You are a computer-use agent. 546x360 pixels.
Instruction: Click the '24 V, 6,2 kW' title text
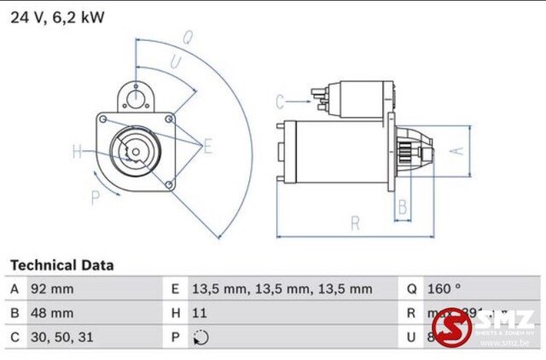pos(57,17)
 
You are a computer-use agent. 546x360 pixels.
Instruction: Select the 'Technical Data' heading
pos(61,265)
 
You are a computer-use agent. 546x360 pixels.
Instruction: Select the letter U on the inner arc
pos(175,61)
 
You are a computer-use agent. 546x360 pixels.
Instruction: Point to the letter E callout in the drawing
pos(207,147)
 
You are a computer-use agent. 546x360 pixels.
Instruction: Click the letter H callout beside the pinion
pos(78,152)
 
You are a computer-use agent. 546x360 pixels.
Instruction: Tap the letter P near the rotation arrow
pos(95,197)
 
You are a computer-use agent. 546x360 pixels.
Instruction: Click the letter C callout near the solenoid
pos(279,102)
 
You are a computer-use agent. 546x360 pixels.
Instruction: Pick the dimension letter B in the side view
pos(403,206)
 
